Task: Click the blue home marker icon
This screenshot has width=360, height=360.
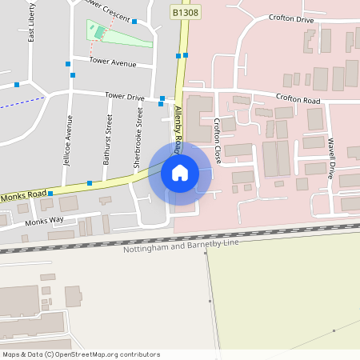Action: [179, 173]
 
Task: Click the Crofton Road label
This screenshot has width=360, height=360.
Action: [298, 100]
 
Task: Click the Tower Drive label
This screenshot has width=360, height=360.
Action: [125, 97]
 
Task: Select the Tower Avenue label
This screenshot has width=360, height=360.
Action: [113, 61]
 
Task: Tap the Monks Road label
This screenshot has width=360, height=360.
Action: [25, 196]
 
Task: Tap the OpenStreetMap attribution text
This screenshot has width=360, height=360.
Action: [81, 354]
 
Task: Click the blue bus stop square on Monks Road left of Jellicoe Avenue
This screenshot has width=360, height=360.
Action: [50, 193]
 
